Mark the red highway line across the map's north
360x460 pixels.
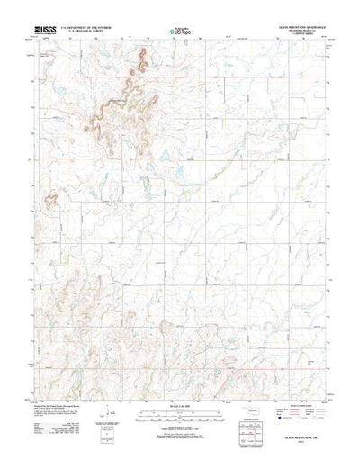point(180,79)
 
